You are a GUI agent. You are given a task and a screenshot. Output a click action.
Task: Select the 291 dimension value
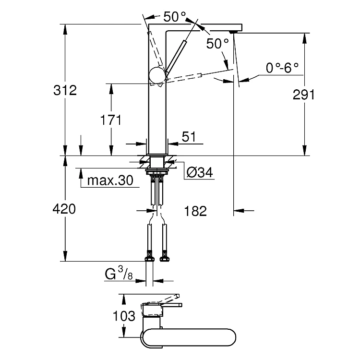(x=303, y=95)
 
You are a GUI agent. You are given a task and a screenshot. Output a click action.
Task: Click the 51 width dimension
(x=188, y=137)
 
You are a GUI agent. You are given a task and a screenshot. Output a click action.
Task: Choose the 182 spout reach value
(x=195, y=211)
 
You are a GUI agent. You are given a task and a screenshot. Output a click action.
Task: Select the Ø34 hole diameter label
(x=199, y=172)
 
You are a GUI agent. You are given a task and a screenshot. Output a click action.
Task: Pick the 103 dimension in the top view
(x=124, y=316)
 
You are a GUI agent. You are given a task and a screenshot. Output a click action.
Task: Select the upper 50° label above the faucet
(x=174, y=17)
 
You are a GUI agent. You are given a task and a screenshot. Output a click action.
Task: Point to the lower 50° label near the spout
(x=217, y=43)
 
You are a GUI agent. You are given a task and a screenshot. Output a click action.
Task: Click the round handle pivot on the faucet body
(x=157, y=75)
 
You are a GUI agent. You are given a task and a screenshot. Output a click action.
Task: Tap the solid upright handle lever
(x=176, y=55)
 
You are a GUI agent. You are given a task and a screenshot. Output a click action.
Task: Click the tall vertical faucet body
(x=157, y=115)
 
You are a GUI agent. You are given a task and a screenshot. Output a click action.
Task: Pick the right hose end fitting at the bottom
(x=165, y=257)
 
